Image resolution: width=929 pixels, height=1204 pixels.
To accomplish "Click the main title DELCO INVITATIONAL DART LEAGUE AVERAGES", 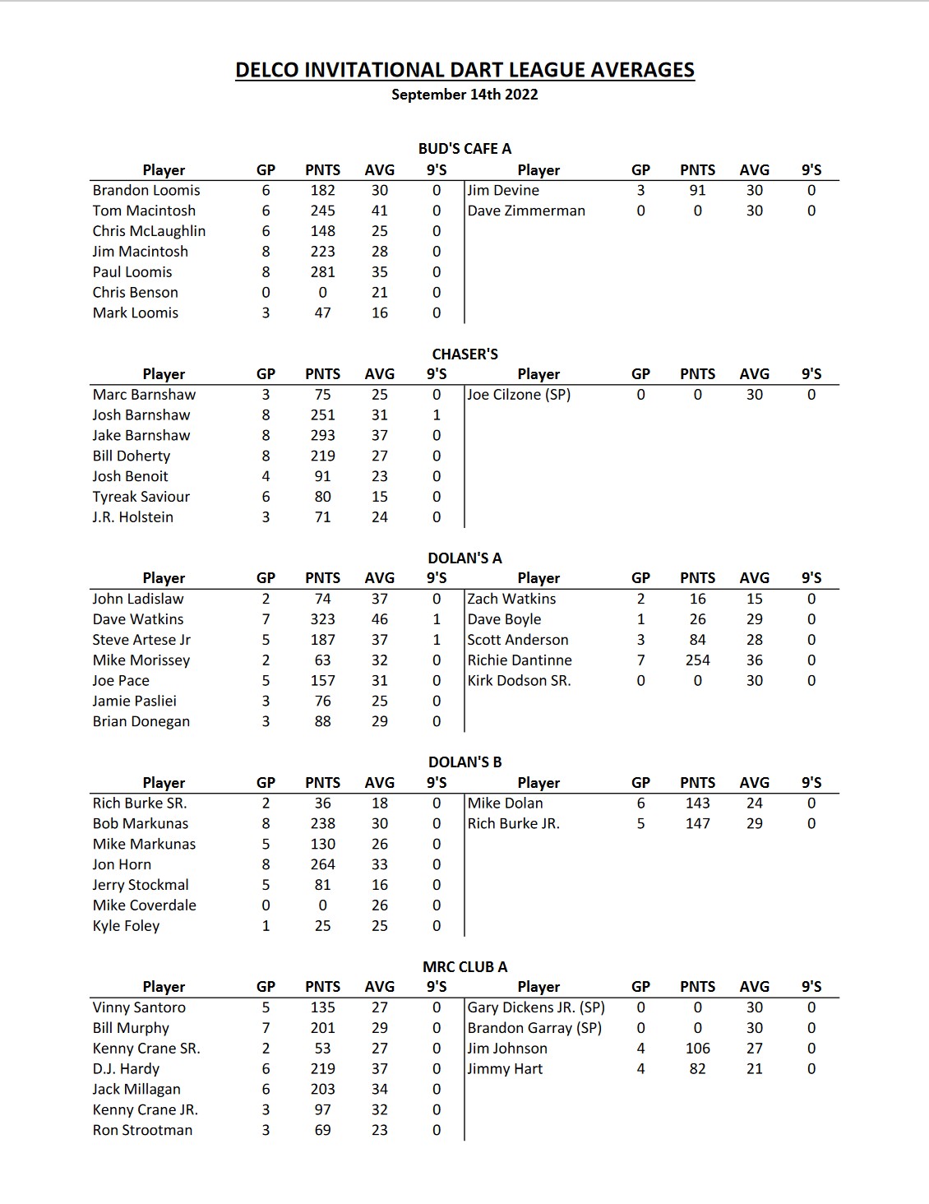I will [464, 70].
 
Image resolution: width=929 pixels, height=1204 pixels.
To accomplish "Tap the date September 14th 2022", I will [464, 95].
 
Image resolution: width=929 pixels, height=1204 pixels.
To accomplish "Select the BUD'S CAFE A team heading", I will [464, 149].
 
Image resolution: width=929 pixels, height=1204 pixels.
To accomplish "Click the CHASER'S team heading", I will [464, 354].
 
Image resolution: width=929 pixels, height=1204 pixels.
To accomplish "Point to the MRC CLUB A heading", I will [464, 966].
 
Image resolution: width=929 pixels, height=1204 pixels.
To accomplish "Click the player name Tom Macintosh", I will [144, 211].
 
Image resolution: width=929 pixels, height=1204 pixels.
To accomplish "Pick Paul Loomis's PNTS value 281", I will [322, 272].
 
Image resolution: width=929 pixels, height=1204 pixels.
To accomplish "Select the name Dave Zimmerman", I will [526, 211].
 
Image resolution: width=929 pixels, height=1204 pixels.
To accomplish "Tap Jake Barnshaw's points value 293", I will [322, 435].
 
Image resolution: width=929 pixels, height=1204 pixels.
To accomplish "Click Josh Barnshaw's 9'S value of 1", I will [437, 415].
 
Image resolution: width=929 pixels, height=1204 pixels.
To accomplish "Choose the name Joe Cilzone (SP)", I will [519, 395].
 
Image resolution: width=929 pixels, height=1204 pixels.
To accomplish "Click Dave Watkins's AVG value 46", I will [379, 619].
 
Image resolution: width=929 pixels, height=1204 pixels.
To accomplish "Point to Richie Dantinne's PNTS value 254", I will [697, 660].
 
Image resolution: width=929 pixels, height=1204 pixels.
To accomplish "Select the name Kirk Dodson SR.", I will [519, 681].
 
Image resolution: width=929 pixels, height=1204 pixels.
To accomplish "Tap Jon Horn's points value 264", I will [322, 864].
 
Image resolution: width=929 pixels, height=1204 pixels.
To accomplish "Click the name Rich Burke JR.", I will [513, 823].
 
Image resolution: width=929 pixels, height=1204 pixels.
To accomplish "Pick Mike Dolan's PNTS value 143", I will [697, 803].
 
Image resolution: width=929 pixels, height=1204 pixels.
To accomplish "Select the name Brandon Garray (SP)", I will [534, 1028].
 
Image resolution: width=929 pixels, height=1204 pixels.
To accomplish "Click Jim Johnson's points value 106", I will [697, 1049].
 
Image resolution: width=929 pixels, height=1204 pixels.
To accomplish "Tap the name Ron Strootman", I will [142, 1130].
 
